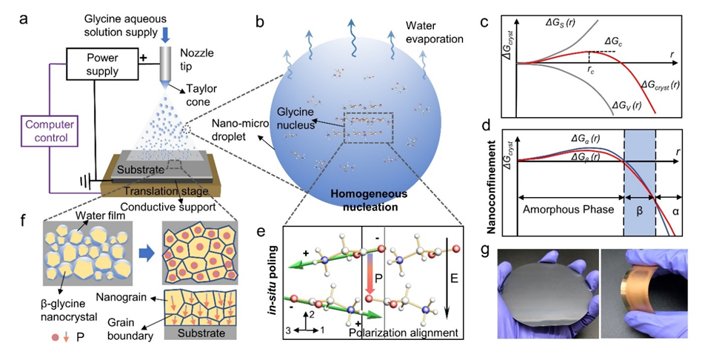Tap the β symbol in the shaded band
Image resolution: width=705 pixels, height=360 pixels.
click(x=638, y=210)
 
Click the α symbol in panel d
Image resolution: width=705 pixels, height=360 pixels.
click(x=674, y=210)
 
